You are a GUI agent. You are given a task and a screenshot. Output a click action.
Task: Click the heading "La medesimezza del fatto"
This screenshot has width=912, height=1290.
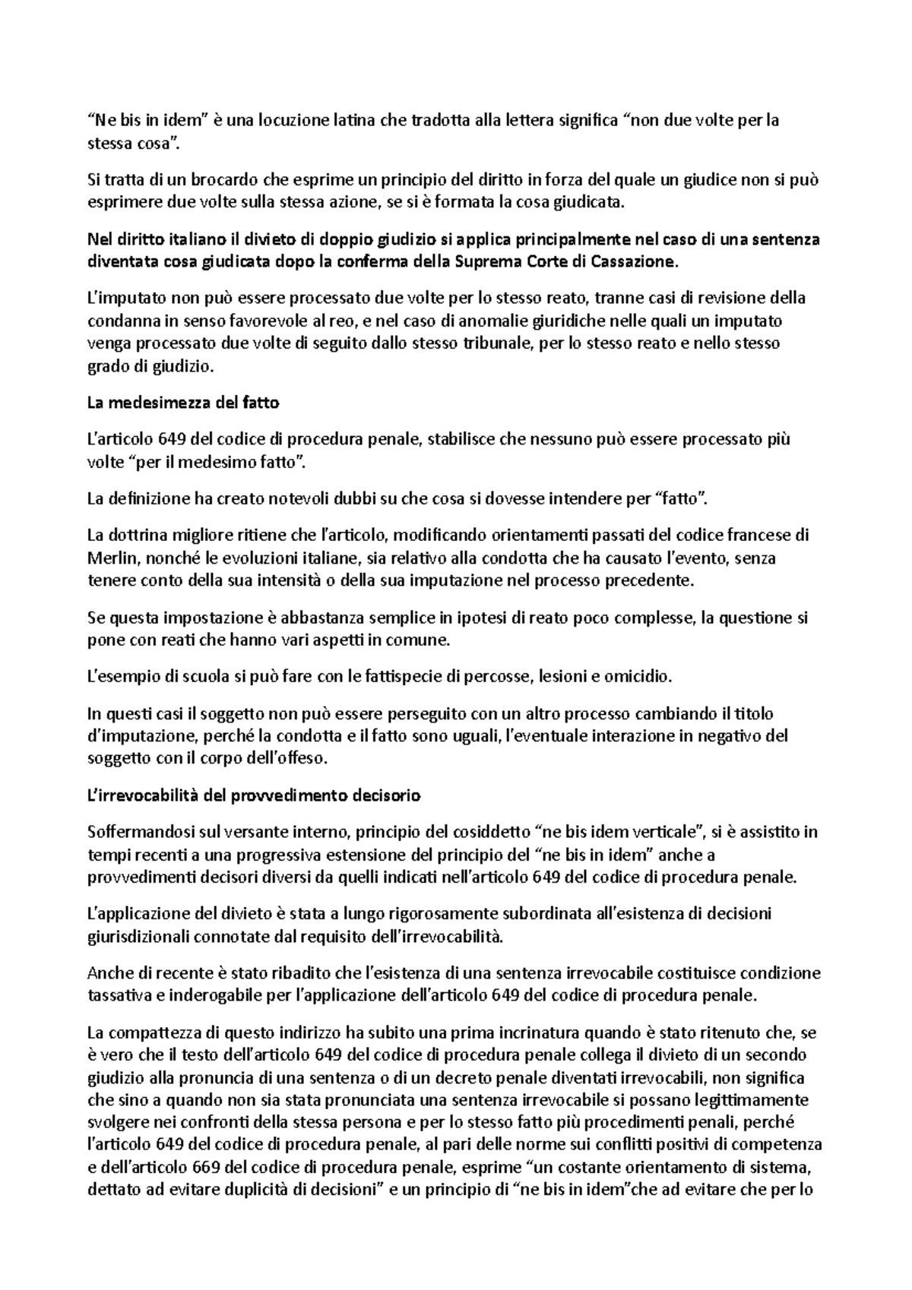183,403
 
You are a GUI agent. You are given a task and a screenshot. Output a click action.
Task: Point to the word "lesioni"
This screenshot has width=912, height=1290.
570,675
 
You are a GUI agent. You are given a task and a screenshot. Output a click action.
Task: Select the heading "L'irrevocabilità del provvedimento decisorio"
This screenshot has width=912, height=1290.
254,796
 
